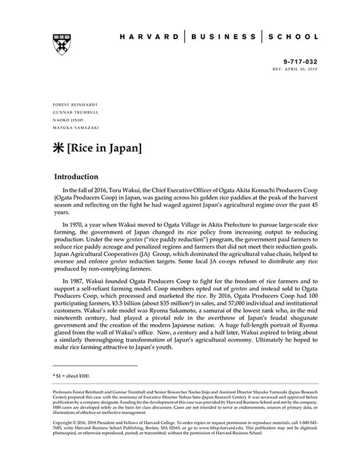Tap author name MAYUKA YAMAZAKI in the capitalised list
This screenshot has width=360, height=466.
pos(73,127)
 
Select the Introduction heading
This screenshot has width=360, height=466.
pos(86,177)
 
